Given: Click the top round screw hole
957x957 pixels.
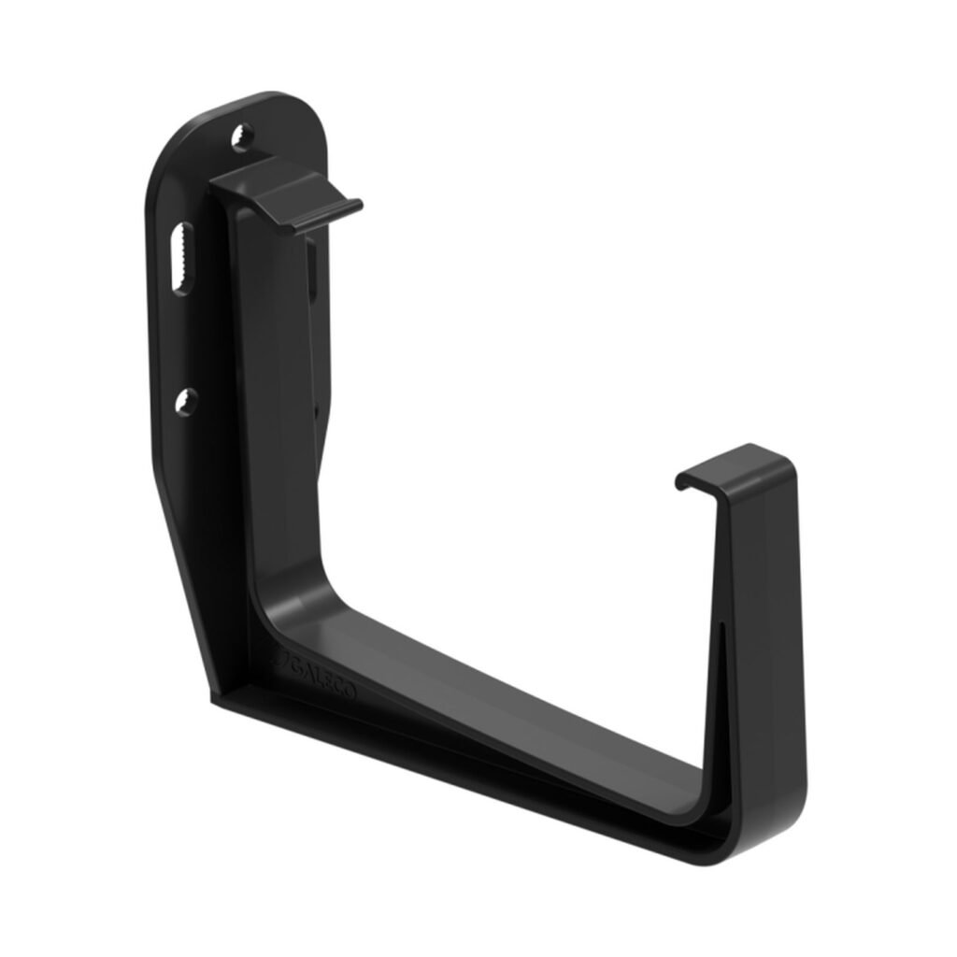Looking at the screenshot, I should tap(243, 137).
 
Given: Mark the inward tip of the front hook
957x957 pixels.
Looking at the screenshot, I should tap(681, 481).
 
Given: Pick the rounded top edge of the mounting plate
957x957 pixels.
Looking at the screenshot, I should tap(271, 97).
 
